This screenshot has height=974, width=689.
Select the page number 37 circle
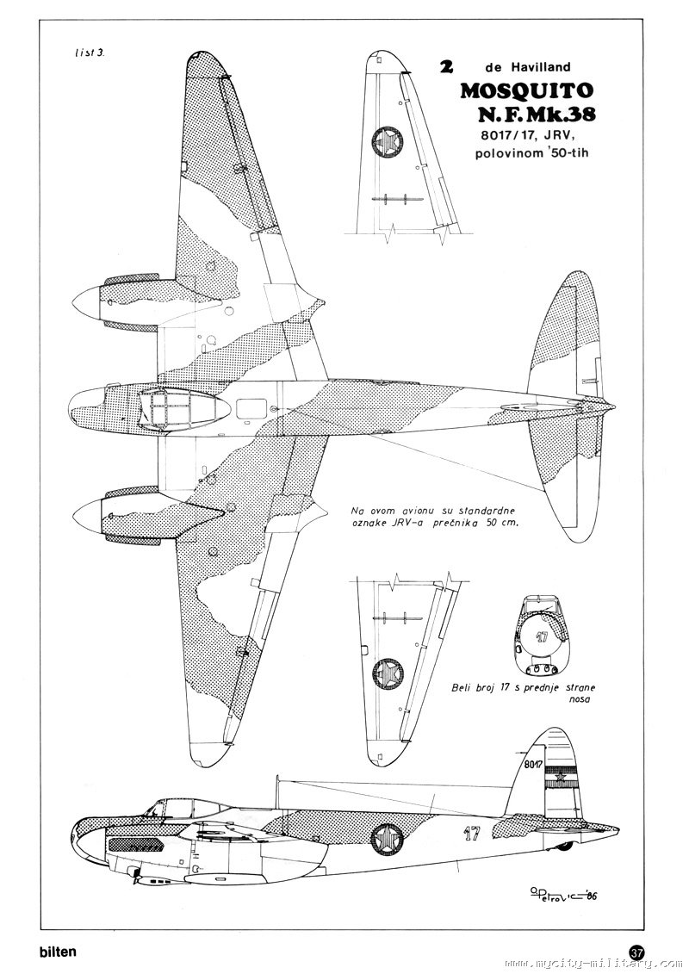click(637, 952)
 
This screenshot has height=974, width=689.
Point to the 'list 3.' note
click(90, 53)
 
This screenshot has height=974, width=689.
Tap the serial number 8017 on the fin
click(532, 764)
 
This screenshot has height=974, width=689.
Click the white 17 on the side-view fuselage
click(470, 833)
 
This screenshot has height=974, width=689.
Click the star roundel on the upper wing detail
click(385, 141)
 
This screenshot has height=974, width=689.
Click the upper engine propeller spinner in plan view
click(86, 301)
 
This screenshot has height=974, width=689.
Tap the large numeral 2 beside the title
click(447, 68)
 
